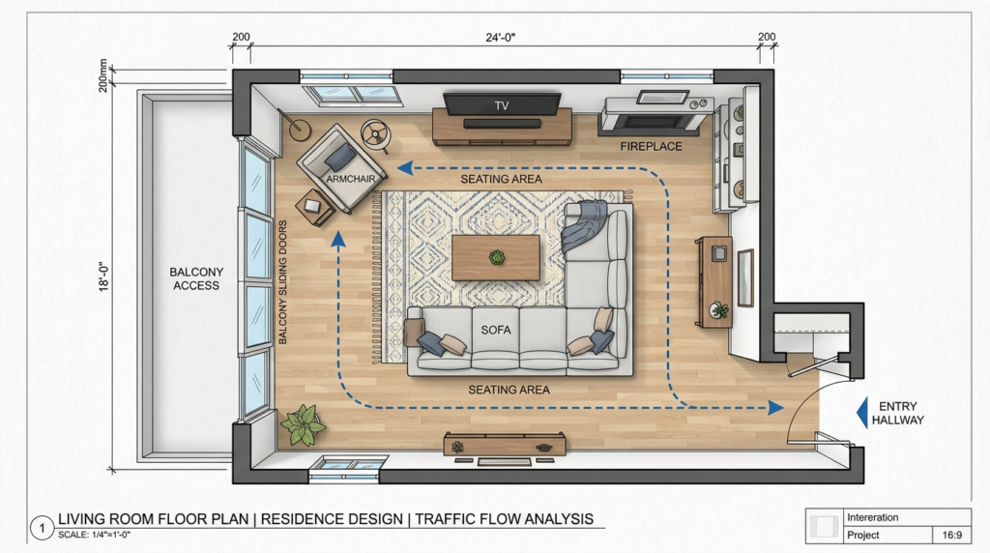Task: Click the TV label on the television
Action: [x=502, y=105]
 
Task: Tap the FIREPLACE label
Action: [x=651, y=146]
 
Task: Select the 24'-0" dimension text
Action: [x=501, y=38]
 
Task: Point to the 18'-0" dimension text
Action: [x=104, y=276]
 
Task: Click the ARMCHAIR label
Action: [x=350, y=179]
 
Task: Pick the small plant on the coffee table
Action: [x=498, y=257]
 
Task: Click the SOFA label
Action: [x=496, y=330]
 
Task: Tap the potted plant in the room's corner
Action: [x=303, y=424]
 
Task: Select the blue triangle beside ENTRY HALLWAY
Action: [x=861, y=413]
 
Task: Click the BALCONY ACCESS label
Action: [x=196, y=278]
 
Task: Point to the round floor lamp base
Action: [x=300, y=131]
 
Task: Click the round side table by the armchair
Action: [x=376, y=135]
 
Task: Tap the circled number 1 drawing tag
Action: [x=43, y=528]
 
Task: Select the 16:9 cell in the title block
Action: [x=952, y=535]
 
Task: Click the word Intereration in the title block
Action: [x=873, y=517]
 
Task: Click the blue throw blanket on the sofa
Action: [x=584, y=224]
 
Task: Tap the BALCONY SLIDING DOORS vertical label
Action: [x=282, y=282]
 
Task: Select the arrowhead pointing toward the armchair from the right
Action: [x=405, y=168]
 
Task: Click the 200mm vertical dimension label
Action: [x=103, y=75]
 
